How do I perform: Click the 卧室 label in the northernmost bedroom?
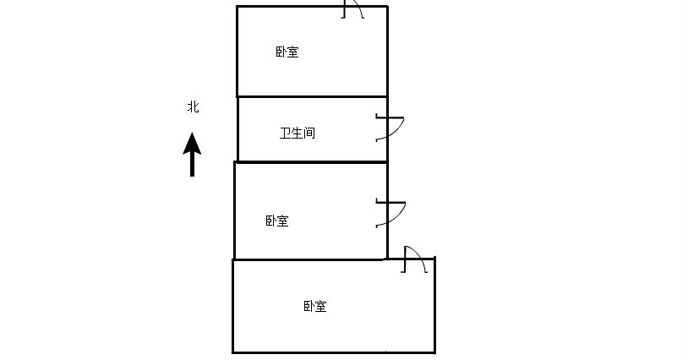pyautogui.click(x=287, y=52)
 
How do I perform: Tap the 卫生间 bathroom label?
pyautogui.click(x=298, y=134)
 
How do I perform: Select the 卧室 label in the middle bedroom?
pyautogui.click(x=277, y=221)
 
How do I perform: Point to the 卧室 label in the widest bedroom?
pyautogui.click(x=315, y=307)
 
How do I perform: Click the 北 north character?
pyautogui.click(x=194, y=107)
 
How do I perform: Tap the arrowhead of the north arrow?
pyautogui.click(x=193, y=143)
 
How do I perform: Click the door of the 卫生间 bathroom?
pyautogui.click(x=390, y=128)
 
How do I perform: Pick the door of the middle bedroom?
pyautogui.click(x=390, y=214)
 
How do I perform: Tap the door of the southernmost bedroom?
pyautogui.click(x=414, y=259)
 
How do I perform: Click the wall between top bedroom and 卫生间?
pyautogui.click(x=312, y=96)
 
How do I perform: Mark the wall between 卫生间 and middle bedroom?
pyautogui.click(x=312, y=161)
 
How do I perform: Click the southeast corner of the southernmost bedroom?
pyautogui.click(x=434, y=352)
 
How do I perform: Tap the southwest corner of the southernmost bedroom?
pyautogui.click(x=233, y=352)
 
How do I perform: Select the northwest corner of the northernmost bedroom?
pyautogui.click(x=238, y=7)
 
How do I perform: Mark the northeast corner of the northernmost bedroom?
pyautogui.click(x=387, y=7)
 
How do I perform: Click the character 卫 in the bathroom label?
pyautogui.click(x=286, y=134)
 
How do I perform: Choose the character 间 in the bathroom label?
pyautogui.click(x=309, y=134)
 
